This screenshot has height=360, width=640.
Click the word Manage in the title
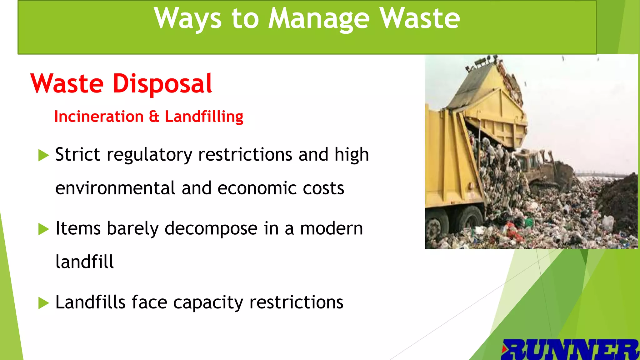click(x=319, y=19)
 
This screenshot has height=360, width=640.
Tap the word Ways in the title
click(x=187, y=19)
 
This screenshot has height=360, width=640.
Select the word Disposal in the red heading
click(x=162, y=84)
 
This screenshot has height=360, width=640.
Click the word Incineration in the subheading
click(x=99, y=117)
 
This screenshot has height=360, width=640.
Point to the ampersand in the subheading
click(x=154, y=116)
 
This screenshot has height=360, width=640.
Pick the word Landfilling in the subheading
click(x=204, y=117)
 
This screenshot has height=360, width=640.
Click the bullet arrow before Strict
click(x=43, y=155)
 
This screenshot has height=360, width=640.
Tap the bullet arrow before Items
click(x=43, y=229)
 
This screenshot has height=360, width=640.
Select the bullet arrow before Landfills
click(x=43, y=303)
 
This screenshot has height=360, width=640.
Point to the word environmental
click(x=115, y=188)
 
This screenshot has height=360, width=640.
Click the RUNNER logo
click(x=570, y=349)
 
